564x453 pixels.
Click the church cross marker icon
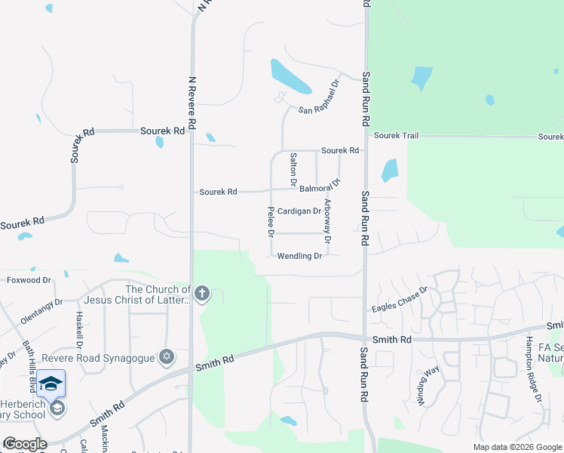(201, 294)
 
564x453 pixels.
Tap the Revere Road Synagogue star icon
(167, 356)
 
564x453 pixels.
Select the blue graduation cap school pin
(51, 384)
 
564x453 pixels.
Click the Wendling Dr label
(299, 256)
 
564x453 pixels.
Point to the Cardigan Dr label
(299, 211)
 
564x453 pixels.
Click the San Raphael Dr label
(319, 100)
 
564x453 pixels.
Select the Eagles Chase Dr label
(400, 300)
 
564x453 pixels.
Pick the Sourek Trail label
(396, 136)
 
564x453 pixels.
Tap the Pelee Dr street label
(270, 220)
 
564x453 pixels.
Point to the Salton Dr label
(293, 169)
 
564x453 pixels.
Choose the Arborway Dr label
(327, 220)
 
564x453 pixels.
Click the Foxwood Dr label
(29, 280)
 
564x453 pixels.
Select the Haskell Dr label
(78, 325)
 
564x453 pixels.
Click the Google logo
(25, 444)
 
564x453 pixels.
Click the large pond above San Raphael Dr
(287, 74)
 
